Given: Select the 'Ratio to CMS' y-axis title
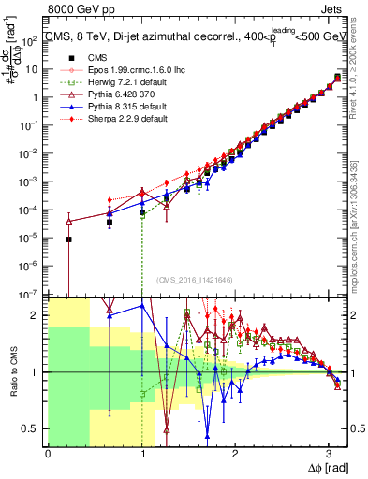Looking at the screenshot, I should (x=12, y=372).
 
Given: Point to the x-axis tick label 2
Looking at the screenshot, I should (x=234, y=453).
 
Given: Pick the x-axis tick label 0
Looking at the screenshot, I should (x=48, y=453).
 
